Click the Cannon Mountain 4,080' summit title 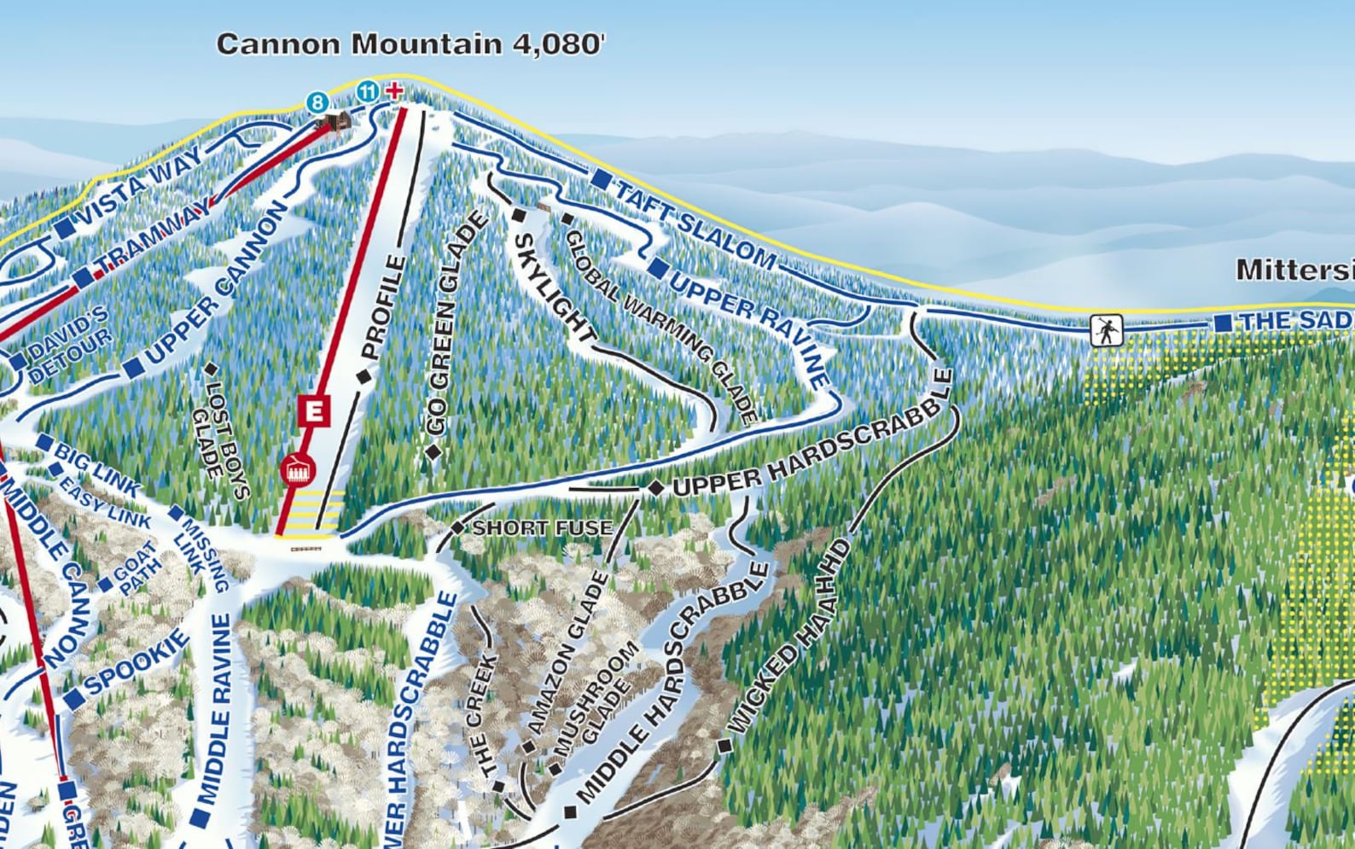(410, 44)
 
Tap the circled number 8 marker (317, 103)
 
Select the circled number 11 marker (367, 91)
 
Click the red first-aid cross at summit (394, 90)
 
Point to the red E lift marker (314, 410)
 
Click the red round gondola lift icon (298, 469)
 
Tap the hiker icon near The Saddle (1106, 330)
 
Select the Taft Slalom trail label (695, 224)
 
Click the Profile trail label (383, 307)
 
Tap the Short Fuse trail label (542, 528)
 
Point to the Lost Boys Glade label (219, 440)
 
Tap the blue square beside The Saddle (1223, 323)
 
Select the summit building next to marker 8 (335, 122)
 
